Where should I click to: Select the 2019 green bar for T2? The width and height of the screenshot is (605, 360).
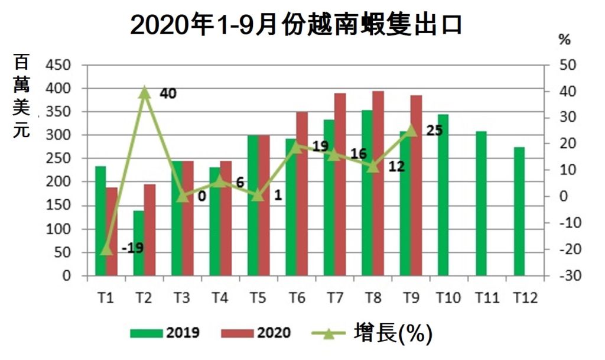[138, 243]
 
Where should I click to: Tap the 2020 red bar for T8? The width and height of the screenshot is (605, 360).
[378, 183]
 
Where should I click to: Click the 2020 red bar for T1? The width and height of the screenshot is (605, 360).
[112, 231]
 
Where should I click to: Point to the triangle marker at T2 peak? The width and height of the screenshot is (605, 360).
[144, 92]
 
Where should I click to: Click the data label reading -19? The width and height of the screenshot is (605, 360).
[132, 248]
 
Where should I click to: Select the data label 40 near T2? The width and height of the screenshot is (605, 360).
[168, 93]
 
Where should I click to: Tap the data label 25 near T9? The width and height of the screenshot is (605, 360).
[434, 131]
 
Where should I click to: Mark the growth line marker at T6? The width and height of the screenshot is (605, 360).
[296, 146]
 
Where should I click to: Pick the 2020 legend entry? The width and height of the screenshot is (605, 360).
[256, 333]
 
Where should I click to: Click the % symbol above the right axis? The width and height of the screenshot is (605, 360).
[565, 40]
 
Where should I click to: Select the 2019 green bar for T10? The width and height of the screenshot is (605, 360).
[443, 195]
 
